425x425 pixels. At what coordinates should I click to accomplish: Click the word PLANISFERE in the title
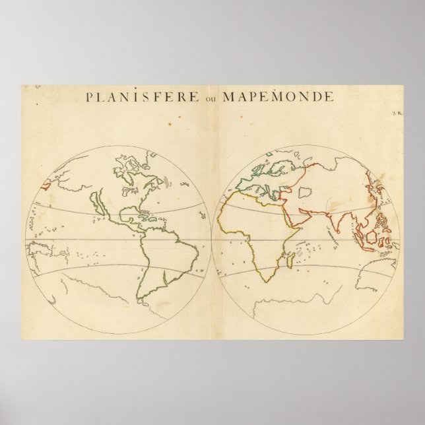142,97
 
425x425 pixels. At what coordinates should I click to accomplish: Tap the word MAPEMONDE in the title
278,97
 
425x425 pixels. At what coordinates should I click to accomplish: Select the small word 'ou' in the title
211,98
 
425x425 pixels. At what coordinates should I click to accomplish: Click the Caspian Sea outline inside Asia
305,192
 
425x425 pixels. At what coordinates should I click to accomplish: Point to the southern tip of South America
143,300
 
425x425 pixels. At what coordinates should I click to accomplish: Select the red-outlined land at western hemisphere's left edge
44,185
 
